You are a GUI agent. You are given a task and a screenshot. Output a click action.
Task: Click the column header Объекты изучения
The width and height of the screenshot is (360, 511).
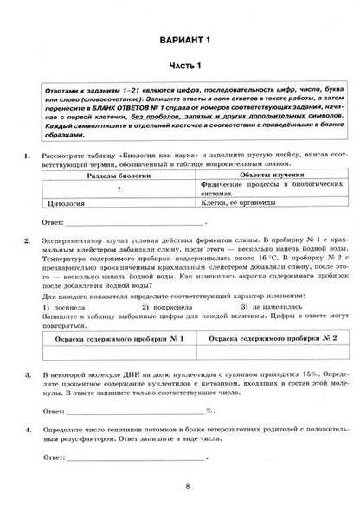261,172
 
